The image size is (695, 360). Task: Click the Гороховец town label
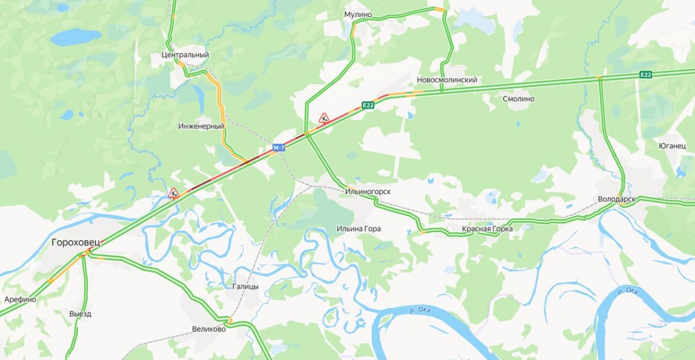pyautogui.click(x=75, y=242)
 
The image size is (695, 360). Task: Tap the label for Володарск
pyautogui.click(x=616, y=199)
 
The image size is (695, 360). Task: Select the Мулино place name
pyautogui.click(x=358, y=14)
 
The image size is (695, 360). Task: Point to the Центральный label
pyautogui.click(x=184, y=55)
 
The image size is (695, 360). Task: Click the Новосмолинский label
pyautogui.click(x=447, y=80)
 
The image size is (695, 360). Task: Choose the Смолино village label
pyautogui.click(x=518, y=99)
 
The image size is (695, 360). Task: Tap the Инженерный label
pyautogui.click(x=201, y=126)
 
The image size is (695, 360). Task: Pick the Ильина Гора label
pyautogui.click(x=359, y=229)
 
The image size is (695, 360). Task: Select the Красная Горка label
pyautogui.click(x=487, y=229)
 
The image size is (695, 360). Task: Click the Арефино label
pyautogui.click(x=20, y=299)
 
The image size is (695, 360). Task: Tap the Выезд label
pyautogui.click(x=80, y=314)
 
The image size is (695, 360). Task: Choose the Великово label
pyautogui.click(x=209, y=329)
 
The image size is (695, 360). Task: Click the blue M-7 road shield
pyautogui.click(x=279, y=148)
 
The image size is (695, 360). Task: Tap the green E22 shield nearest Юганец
pyautogui.click(x=646, y=74)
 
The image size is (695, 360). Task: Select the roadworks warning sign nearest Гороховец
pyautogui.click(x=173, y=193)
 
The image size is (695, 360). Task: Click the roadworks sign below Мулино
pyautogui.click(x=324, y=117)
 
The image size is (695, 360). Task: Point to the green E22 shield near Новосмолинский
pyautogui.click(x=368, y=105)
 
